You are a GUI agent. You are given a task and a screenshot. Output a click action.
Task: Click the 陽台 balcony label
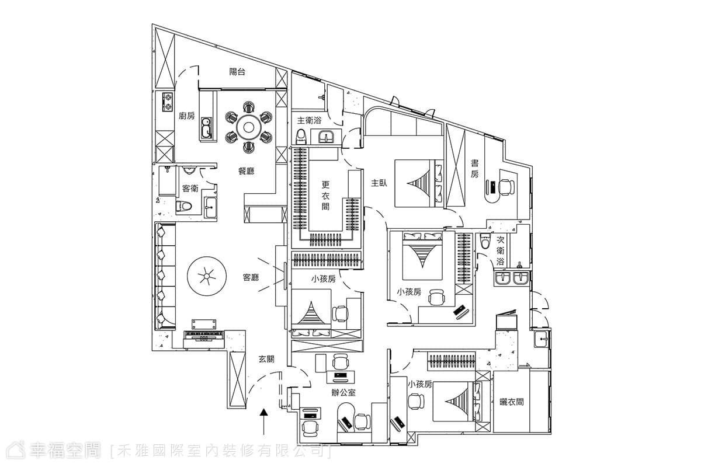click(237, 72)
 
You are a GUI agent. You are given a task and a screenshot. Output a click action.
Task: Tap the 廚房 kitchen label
click(186, 116)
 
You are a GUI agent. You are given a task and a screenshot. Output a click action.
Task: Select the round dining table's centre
click(248, 127)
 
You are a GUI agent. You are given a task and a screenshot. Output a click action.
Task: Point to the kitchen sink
click(207, 128)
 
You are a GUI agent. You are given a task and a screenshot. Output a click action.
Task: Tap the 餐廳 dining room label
click(247, 171)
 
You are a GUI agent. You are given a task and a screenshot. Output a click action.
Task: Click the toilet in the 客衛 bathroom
click(183, 207)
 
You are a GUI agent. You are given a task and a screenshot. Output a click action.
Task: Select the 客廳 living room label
click(251, 277)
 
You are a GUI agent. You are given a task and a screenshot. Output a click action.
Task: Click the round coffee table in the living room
click(207, 276)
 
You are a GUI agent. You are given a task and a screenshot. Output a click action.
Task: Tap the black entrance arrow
click(264, 421)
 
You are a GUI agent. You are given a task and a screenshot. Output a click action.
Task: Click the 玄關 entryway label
click(266, 360)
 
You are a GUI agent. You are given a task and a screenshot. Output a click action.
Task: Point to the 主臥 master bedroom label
click(379, 183)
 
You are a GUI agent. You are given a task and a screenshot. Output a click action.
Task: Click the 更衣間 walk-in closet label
click(326, 196)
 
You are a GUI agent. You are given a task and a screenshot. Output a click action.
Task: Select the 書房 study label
click(475, 169)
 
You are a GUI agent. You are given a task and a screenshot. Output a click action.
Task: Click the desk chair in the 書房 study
click(506, 187)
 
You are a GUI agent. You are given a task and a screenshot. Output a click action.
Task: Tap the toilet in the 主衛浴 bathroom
click(301, 137)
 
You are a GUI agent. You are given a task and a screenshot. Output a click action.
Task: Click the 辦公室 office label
click(343, 392)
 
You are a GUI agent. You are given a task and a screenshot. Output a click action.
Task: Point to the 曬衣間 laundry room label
click(511, 402)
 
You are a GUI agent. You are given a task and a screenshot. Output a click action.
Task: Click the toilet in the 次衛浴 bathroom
click(485, 241)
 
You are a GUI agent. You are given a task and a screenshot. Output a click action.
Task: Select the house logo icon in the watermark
click(16, 451)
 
